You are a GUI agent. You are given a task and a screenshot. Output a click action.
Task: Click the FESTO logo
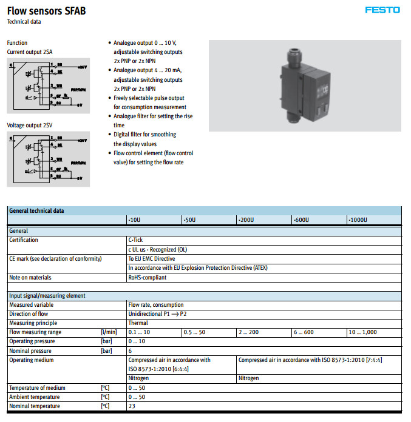tap(382, 10)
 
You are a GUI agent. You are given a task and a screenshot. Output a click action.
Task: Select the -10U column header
tap(135, 220)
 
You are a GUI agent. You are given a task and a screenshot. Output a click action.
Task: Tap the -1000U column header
tap(358, 220)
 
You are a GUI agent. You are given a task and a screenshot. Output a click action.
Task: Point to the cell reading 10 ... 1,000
tap(362, 333)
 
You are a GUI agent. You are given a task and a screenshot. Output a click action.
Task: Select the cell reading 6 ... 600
tap(304, 333)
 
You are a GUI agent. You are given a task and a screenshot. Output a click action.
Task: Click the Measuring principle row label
tap(33, 324)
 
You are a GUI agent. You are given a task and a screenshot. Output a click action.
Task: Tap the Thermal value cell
tap(138, 324)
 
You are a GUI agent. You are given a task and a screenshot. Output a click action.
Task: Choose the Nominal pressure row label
tap(30, 351)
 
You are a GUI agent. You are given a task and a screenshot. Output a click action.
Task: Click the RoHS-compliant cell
tap(147, 278)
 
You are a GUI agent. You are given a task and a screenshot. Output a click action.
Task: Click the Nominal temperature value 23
tap(131, 406)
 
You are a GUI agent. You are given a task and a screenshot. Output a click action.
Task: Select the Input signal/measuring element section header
tap(47, 296)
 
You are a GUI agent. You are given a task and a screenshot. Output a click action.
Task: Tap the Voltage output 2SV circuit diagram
tap(48, 159)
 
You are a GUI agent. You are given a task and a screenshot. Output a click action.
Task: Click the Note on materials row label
tap(30, 278)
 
